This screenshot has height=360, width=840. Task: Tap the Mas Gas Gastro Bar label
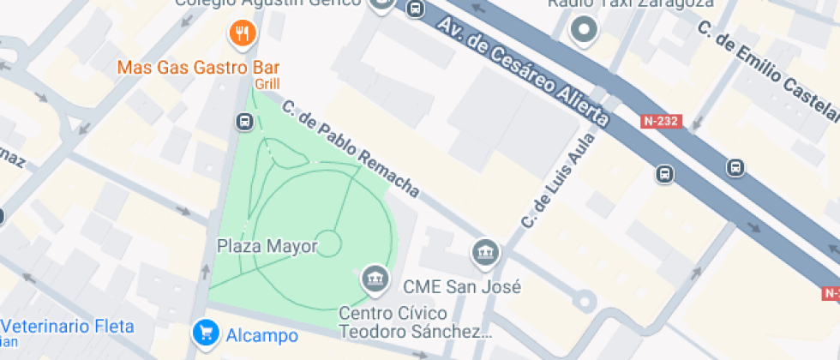tap(198, 67)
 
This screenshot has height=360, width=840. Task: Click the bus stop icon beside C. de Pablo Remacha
tap(244, 122)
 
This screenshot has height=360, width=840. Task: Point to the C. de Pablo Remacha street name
tap(351, 148)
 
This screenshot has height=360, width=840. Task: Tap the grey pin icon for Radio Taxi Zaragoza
tap(585, 31)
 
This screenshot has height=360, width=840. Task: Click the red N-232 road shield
tap(660, 122)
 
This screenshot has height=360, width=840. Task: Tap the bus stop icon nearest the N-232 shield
tap(665, 174)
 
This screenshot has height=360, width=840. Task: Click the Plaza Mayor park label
tap(267, 247)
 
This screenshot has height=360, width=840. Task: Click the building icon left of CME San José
tap(485, 253)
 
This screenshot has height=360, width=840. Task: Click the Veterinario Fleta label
tap(69, 327)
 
